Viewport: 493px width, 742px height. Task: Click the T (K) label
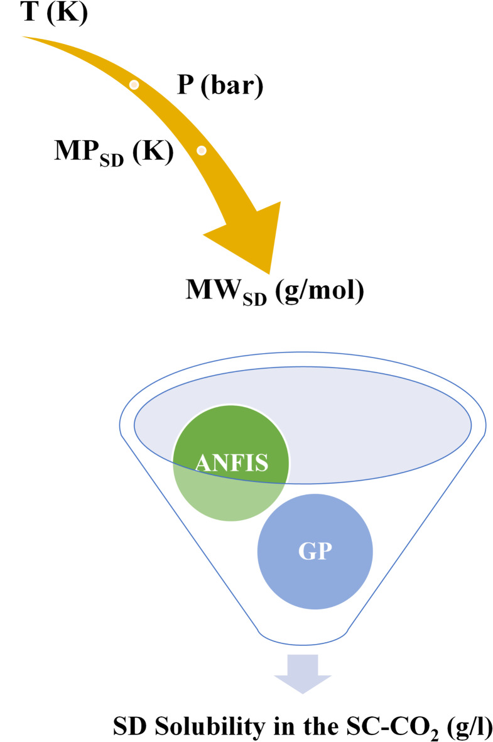[44, 13]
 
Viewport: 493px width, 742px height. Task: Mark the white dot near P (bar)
[134, 84]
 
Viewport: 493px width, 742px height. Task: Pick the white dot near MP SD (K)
[202, 151]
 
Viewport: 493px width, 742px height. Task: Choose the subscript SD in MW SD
[256, 298]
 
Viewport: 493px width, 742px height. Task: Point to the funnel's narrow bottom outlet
[303, 635]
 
